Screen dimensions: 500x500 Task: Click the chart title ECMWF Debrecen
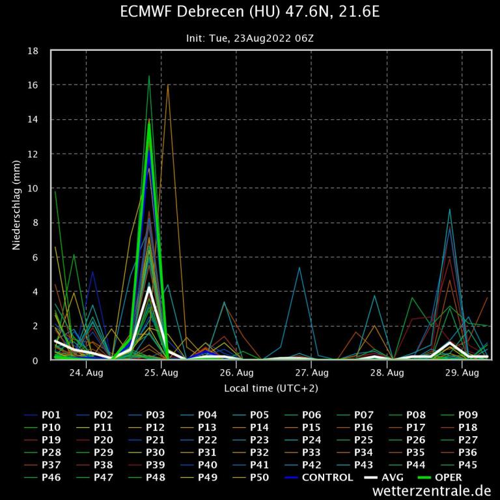tap(250, 12)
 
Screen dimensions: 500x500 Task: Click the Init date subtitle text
tap(250, 38)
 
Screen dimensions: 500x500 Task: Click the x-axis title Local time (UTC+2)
tap(271, 388)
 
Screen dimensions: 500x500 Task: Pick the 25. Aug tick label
tap(161, 373)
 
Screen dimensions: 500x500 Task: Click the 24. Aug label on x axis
tap(86, 373)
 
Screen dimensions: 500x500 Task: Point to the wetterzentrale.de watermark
tap(432, 491)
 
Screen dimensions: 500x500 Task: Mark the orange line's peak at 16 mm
tap(168, 85)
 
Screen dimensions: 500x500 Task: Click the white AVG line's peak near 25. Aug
tap(149, 287)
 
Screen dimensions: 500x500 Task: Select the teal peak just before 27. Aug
tap(299, 268)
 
